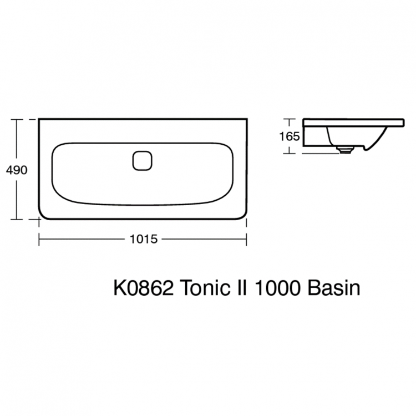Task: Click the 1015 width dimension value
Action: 144,240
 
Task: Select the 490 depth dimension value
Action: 17,170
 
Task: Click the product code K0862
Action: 144,288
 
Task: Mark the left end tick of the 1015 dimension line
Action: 38,239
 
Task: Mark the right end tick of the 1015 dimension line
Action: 246,239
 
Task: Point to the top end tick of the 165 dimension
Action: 289,119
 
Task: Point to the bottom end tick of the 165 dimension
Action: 289,153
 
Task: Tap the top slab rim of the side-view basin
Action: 355,121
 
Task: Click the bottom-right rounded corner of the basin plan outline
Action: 242,215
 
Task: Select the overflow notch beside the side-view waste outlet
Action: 366,148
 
